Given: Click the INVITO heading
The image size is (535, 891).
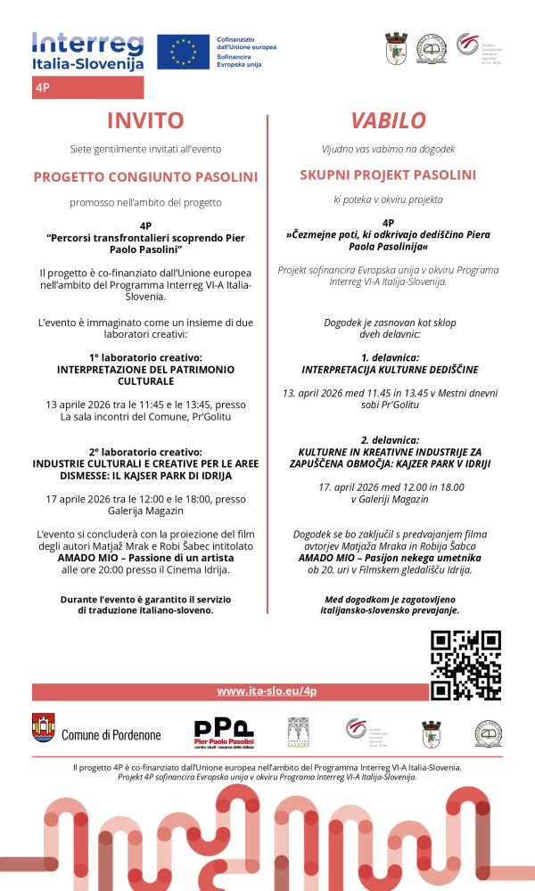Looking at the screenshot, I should [x=145, y=120].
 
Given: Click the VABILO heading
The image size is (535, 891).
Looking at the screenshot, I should [x=388, y=120].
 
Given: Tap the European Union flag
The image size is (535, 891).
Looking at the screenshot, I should [x=183, y=52].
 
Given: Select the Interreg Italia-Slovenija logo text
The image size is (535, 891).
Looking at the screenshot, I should [x=87, y=52].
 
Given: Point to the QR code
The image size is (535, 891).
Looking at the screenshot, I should [x=465, y=665].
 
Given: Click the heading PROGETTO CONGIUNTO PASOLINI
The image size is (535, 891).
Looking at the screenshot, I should [x=145, y=176].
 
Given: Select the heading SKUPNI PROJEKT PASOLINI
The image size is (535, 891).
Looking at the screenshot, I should [x=388, y=176].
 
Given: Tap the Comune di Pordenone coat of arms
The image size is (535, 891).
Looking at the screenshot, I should [x=43, y=728].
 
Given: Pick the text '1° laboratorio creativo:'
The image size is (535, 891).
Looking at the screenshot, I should [x=145, y=357].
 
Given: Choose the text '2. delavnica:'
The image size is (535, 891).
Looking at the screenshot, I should [x=388, y=440].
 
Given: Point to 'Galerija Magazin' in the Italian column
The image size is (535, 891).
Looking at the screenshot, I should [x=145, y=511].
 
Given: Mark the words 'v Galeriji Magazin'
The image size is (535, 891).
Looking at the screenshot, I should [x=388, y=499].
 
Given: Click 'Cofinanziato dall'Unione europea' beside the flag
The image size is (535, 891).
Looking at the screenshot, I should [x=246, y=42].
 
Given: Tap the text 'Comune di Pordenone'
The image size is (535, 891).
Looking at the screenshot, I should [x=111, y=735].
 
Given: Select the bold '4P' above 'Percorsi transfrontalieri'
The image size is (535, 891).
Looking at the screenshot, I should [x=145, y=226].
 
